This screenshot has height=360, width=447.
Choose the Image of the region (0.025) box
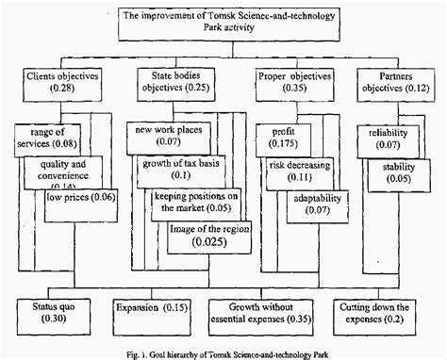point(209,236)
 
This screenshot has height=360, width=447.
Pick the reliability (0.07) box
point(380,139)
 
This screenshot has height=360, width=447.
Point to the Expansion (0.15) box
point(149,307)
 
